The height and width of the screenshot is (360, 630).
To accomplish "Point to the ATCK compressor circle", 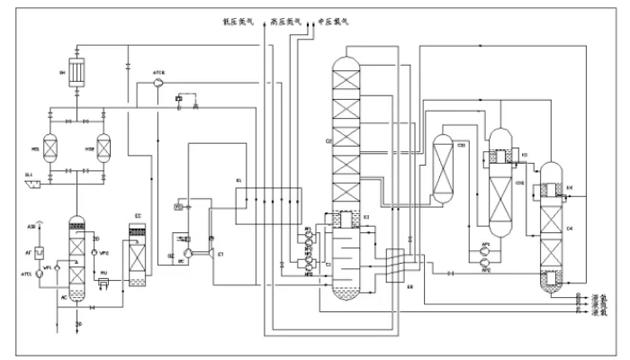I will tap(158, 82).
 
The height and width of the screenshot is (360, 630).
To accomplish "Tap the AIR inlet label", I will tap(31, 227).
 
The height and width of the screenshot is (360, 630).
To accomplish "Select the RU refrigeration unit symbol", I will tap(103, 284).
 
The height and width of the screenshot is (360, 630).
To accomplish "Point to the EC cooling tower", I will tap(138, 256).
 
